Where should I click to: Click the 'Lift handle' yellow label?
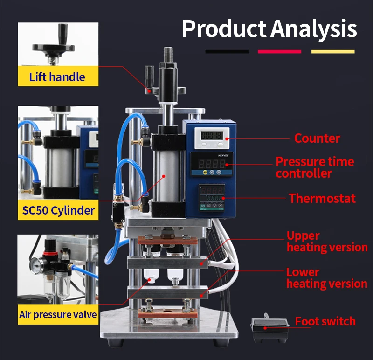click(58, 76)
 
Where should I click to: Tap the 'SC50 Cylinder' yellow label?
click(58, 210)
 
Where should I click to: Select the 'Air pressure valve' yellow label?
click(58, 314)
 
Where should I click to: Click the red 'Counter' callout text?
click(317, 138)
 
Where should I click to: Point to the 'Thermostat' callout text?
click(322, 198)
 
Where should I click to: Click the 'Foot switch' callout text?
click(325, 322)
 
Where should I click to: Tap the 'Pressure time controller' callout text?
click(315, 167)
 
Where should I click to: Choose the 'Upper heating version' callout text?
click(327, 242)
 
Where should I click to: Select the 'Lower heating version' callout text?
click(326, 277)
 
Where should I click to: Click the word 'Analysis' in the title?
click(314, 29)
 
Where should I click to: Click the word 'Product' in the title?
click(224, 29)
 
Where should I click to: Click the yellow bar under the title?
click(333, 52)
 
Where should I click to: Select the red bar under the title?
click(279, 52)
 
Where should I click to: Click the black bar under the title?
click(227, 52)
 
